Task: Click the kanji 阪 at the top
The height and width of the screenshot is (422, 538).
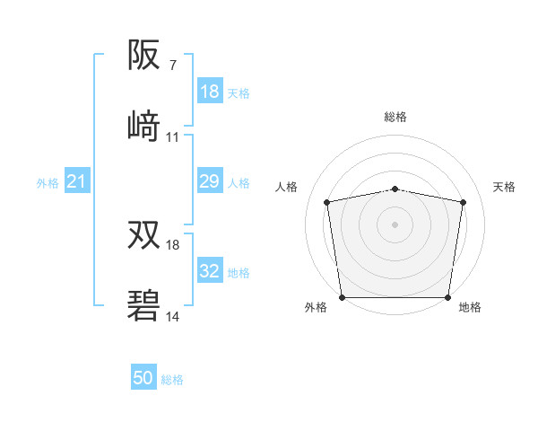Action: tap(144, 56)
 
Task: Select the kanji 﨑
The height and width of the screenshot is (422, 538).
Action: tap(144, 127)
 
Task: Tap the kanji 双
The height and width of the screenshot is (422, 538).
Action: tap(144, 235)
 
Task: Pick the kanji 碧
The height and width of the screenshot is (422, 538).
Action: tap(144, 306)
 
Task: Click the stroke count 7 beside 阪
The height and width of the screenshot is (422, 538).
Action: tap(172, 66)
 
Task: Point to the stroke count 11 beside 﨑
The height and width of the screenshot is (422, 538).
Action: tap(173, 137)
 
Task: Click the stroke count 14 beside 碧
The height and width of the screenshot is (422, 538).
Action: tap(173, 317)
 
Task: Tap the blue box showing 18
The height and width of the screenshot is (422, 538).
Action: tap(210, 92)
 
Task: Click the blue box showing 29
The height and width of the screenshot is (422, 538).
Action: tap(210, 182)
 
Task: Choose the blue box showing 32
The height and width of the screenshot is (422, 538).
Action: tap(210, 271)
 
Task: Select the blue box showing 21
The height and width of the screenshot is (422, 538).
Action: tap(76, 182)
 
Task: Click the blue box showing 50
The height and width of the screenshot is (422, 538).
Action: tap(143, 378)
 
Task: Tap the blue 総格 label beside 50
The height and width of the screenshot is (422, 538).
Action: tap(173, 380)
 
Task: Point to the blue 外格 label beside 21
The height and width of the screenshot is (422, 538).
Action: tap(48, 183)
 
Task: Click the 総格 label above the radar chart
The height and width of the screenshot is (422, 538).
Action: tap(395, 117)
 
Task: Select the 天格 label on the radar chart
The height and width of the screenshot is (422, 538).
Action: tap(505, 187)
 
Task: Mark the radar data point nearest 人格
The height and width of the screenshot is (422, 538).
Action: tap(327, 202)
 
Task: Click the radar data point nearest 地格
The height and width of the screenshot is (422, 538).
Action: tap(448, 297)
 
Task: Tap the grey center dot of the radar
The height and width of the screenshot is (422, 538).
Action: tap(395, 224)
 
